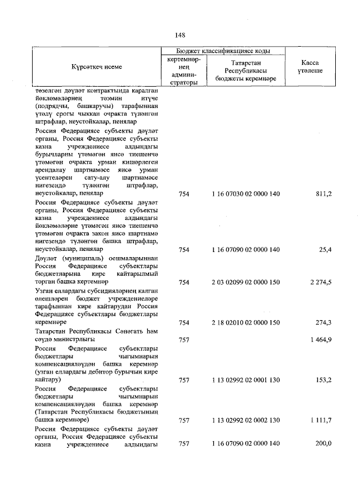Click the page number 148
(180, 35)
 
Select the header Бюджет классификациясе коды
(224, 50)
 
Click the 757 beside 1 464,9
(183, 339)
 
